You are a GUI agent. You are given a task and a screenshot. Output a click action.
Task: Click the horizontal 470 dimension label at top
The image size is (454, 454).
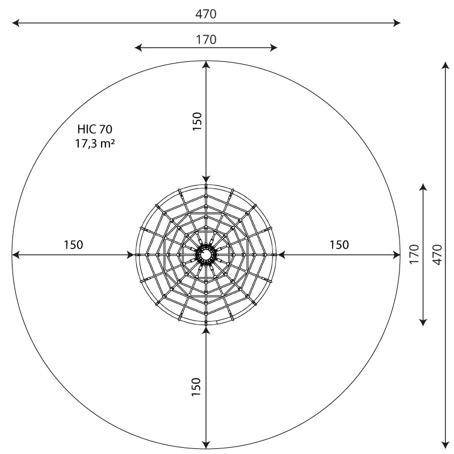(x=205, y=14)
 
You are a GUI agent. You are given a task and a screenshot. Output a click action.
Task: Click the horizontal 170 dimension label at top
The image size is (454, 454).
(x=206, y=40)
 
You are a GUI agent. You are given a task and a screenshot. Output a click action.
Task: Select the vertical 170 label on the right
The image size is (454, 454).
(x=414, y=254)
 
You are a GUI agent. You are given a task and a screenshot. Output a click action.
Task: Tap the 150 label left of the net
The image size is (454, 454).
(x=73, y=245)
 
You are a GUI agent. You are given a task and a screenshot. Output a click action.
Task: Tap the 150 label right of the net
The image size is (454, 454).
(x=339, y=245)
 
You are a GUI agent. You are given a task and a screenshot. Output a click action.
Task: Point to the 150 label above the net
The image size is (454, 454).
(x=197, y=121)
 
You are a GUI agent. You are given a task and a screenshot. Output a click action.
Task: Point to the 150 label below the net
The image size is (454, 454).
(x=196, y=387)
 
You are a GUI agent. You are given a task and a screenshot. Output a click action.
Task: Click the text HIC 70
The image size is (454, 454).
(x=95, y=129)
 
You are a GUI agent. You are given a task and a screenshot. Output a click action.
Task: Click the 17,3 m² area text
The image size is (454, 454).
(x=95, y=144)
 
